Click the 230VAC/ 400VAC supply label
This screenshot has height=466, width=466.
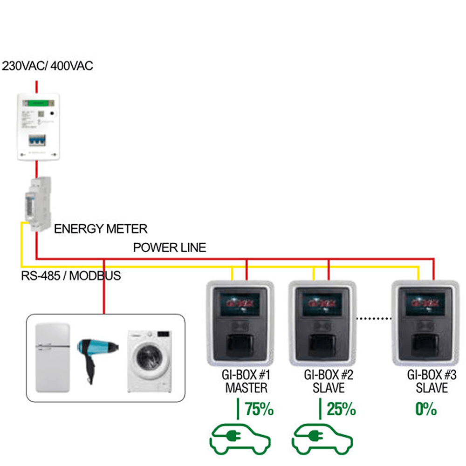(x=48, y=66)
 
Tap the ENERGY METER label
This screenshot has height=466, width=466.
(x=101, y=229)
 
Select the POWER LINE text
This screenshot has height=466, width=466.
(x=169, y=247)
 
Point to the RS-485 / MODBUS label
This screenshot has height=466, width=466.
(x=71, y=275)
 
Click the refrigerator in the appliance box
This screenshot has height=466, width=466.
(x=53, y=357)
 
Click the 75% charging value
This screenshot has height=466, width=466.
(x=259, y=410)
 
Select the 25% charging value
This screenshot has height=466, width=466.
(x=341, y=410)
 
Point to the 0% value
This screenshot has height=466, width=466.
(x=426, y=410)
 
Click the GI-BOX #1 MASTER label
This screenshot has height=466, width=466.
(x=246, y=381)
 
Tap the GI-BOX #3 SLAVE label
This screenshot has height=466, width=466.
(x=428, y=381)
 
